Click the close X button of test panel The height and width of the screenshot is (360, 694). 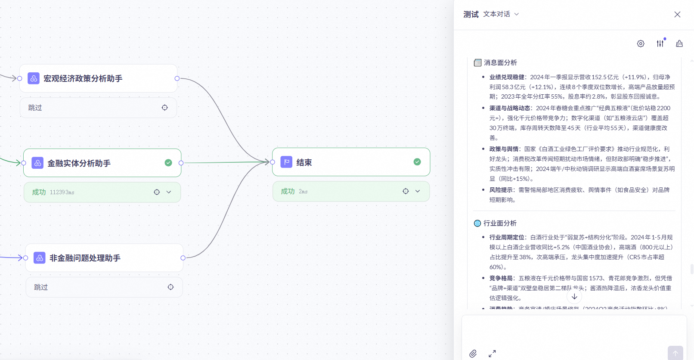pyautogui.click(x=677, y=15)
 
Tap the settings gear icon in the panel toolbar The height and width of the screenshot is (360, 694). pyautogui.click(x=641, y=43)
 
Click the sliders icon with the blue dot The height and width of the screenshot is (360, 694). pyautogui.click(x=660, y=43)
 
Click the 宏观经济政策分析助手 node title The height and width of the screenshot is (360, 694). pyautogui.click(x=83, y=78)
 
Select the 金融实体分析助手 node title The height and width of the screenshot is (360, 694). pyautogui.click(x=79, y=163)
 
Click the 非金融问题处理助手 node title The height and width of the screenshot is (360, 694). pyautogui.click(x=85, y=258)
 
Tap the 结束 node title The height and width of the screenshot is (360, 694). pyautogui.click(x=304, y=162)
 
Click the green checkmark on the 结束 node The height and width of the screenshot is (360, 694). pyautogui.click(x=417, y=162)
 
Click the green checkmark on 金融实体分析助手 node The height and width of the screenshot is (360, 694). pyautogui.click(x=168, y=163)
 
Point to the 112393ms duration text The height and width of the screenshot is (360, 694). pyautogui.click(x=62, y=192)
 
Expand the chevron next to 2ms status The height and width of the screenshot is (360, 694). pyautogui.click(x=418, y=191)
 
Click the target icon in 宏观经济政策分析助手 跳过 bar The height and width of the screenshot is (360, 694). pyautogui.click(x=165, y=108)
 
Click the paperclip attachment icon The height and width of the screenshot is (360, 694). pyautogui.click(x=473, y=354)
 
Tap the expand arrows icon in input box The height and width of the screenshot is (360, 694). pyautogui.click(x=492, y=354)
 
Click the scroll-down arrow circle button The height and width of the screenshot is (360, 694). pyautogui.click(x=574, y=297)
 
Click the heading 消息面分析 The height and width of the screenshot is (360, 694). pyautogui.click(x=500, y=63)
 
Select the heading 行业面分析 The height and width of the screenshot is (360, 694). pyautogui.click(x=500, y=223)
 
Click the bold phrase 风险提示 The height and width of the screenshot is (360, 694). pyautogui.click(x=501, y=190)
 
